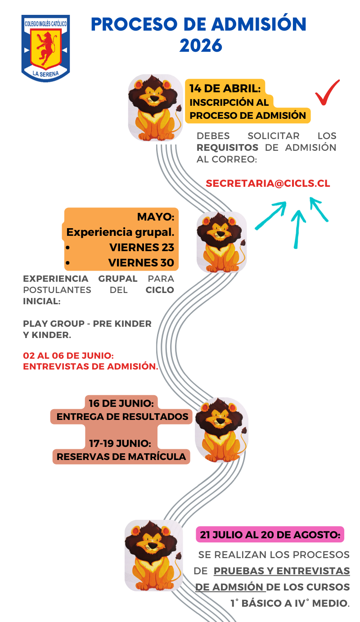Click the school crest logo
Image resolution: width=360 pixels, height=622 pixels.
pyautogui.click(x=45, y=48)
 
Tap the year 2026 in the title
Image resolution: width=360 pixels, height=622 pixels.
pyautogui.click(x=201, y=45)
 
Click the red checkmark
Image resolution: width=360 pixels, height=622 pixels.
pyautogui.click(x=327, y=92)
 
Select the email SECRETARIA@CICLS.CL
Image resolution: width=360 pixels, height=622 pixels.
pyautogui.click(x=268, y=183)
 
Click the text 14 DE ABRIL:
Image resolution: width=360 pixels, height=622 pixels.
pyautogui.click(x=225, y=89)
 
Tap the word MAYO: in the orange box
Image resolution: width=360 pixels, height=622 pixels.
pyautogui.click(x=156, y=217)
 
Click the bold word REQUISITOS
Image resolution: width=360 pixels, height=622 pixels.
pyautogui.click(x=227, y=148)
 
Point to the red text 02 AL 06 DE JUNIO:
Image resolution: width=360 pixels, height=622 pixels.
pyautogui.click(x=68, y=356)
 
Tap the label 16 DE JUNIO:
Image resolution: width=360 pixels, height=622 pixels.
pyautogui.click(x=121, y=403)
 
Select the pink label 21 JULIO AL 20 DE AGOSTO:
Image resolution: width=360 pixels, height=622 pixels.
pyautogui.click(x=270, y=535)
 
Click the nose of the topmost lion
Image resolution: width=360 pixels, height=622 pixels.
pyautogui.click(x=154, y=99)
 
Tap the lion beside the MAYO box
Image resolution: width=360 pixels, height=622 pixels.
pyautogui.click(x=221, y=242)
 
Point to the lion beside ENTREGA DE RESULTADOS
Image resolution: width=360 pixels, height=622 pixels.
pyautogui.click(x=221, y=430)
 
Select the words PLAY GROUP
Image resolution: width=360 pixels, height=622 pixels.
pyautogui.click(x=54, y=324)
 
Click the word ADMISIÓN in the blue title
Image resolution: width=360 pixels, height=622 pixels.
pyautogui.click(x=259, y=24)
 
